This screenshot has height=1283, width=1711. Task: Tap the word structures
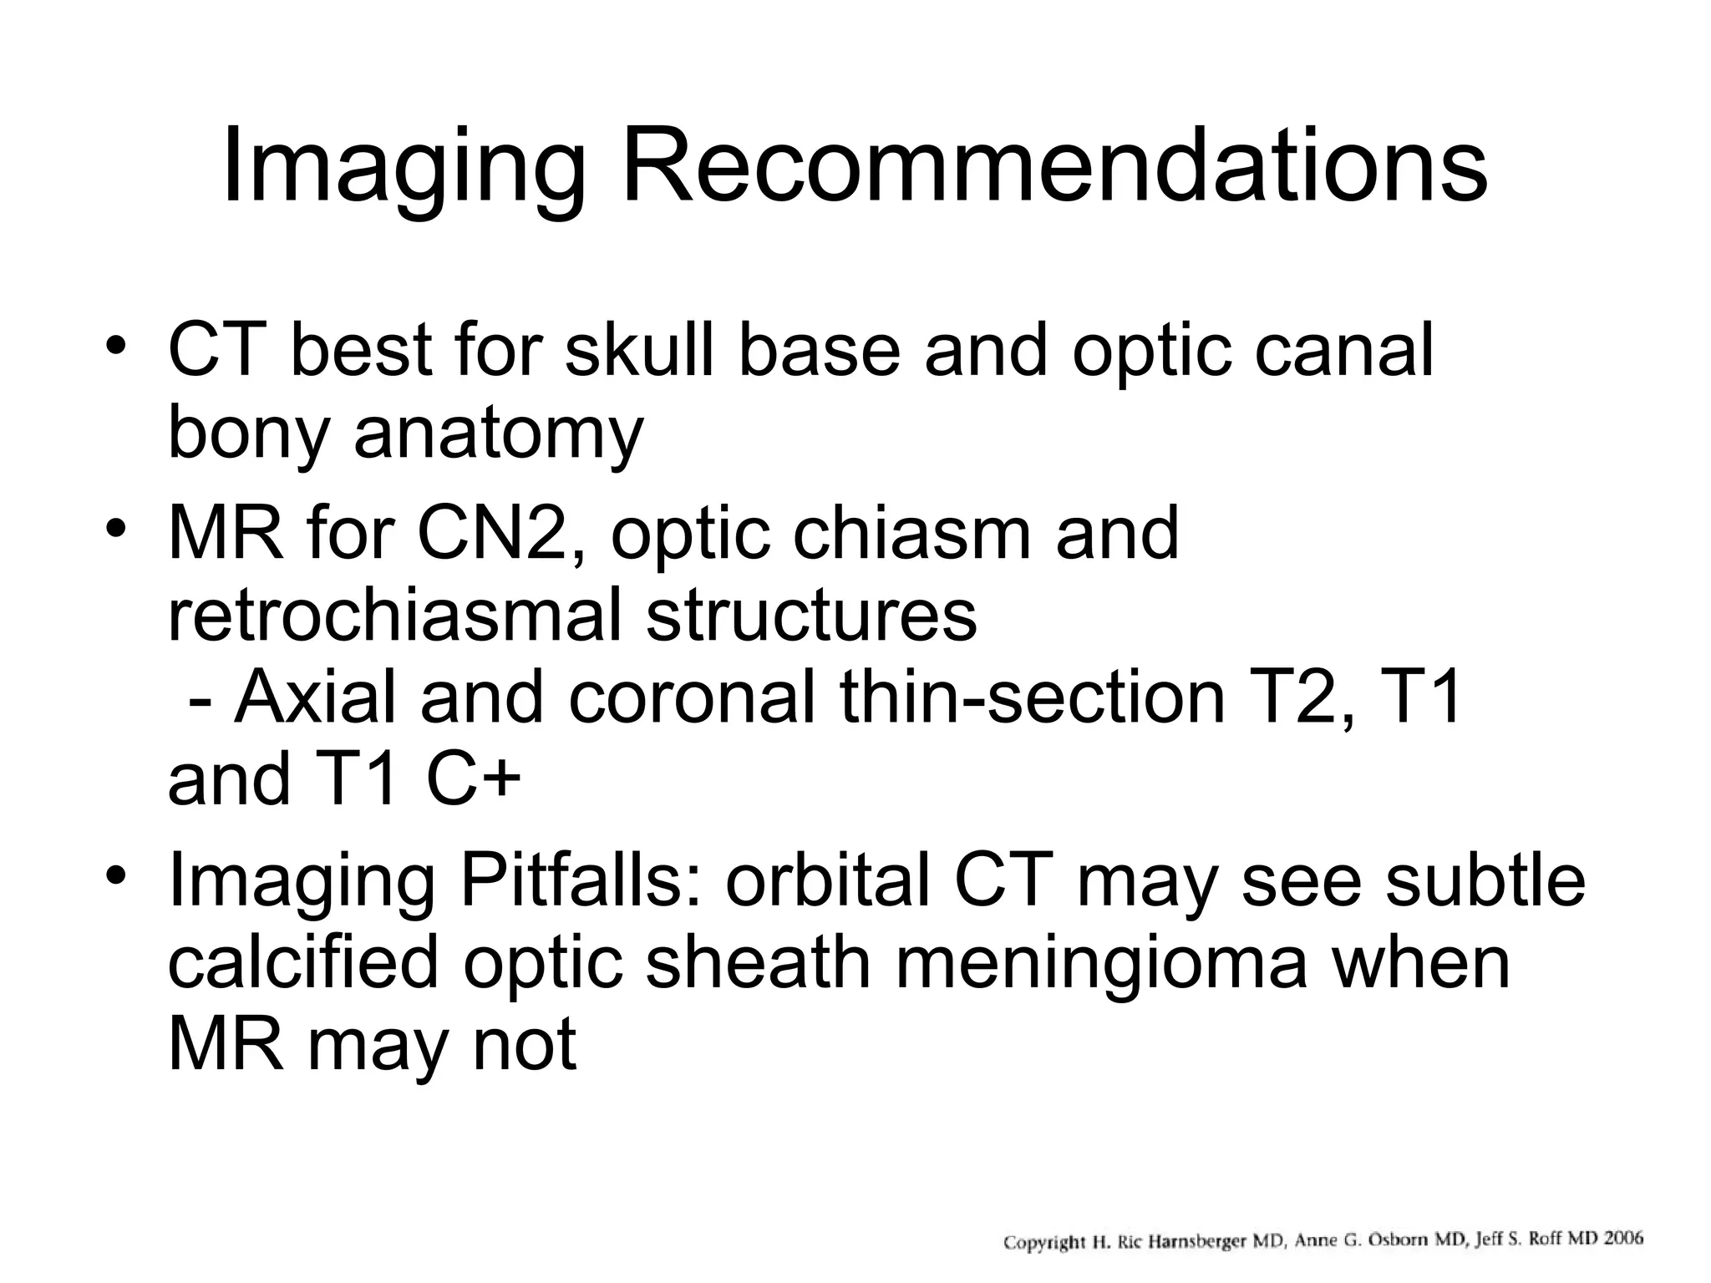[x=811, y=616]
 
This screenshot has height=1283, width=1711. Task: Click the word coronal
[x=692, y=698]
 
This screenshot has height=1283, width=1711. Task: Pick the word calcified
[x=303, y=962]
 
